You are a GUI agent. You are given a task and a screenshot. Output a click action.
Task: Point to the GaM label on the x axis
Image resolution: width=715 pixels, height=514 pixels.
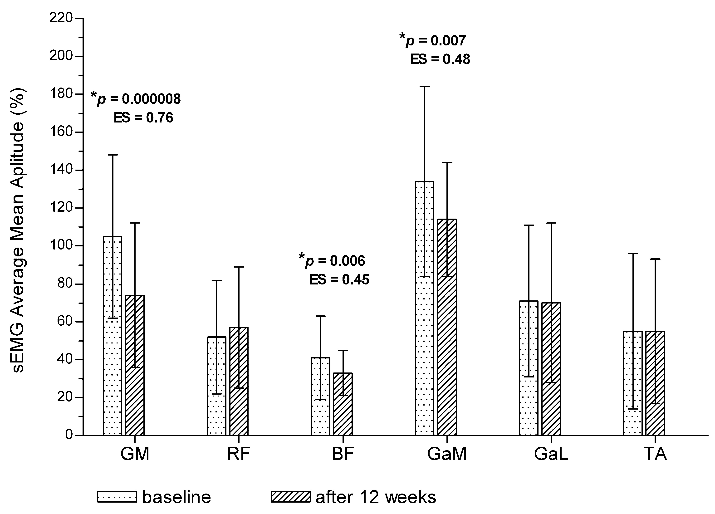(x=447, y=454)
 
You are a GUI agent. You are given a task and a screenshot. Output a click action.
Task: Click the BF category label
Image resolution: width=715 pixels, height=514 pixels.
(x=343, y=454)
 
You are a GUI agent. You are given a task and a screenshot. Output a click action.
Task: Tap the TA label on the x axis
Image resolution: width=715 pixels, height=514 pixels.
(x=655, y=454)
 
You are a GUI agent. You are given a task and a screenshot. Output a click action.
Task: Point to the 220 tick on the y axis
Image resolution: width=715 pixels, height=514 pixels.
(x=61, y=18)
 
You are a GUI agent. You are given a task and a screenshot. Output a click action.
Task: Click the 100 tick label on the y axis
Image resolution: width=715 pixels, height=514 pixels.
(x=61, y=246)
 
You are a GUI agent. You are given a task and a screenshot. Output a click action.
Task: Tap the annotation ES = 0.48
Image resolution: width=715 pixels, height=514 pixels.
(x=440, y=59)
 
